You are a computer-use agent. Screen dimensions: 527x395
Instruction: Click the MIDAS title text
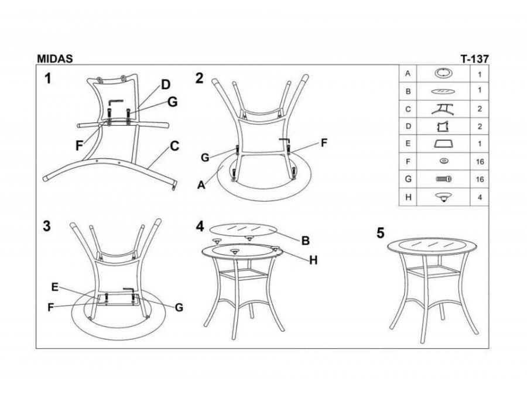[55, 59]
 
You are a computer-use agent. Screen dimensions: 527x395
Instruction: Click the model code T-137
[474, 59]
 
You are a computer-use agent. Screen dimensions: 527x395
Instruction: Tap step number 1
[48, 78]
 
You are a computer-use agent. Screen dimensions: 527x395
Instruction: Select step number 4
[200, 226]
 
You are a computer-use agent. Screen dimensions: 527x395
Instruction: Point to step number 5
[380, 233]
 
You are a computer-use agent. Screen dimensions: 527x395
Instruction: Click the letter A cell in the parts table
[408, 74]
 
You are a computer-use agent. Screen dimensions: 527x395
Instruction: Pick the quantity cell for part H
[480, 197]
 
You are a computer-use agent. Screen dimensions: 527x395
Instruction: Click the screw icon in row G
[444, 179]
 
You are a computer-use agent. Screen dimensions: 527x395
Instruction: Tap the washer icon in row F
[444, 162]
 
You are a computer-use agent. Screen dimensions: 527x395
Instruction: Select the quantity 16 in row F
[480, 162]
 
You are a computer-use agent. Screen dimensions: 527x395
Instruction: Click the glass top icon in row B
[443, 91]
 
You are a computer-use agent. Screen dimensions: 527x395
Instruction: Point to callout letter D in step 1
[166, 85]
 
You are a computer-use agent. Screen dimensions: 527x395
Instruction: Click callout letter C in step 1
[174, 146]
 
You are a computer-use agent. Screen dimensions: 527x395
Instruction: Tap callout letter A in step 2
[201, 185]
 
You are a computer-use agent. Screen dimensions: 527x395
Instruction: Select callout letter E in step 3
[55, 287]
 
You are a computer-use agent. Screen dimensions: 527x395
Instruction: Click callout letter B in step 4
[306, 241]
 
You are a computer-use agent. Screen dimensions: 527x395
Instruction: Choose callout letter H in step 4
[313, 260]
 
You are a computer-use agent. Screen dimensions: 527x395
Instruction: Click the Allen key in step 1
[115, 102]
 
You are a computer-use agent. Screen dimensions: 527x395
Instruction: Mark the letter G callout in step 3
[179, 307]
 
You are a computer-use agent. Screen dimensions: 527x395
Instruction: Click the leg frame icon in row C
[443, 109]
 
